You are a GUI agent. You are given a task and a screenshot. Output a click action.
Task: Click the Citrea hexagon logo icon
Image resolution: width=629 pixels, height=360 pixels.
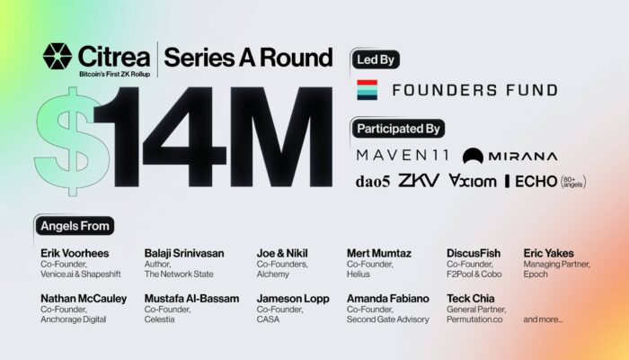point(58,56)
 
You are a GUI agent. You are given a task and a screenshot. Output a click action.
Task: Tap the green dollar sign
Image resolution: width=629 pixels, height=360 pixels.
point(72,141)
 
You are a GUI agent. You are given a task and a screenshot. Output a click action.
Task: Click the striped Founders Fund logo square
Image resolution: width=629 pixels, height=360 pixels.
point(367,90)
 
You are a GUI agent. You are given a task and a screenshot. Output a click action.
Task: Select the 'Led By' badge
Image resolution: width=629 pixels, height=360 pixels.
point(376,60)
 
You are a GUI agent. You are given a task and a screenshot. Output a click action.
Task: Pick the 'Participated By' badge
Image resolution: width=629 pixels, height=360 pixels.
point(398,129)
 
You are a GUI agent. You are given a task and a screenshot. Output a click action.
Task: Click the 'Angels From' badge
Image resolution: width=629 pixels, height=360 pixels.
point(75,226)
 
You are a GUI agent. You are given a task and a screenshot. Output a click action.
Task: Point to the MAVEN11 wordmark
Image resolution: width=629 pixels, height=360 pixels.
point(403,155)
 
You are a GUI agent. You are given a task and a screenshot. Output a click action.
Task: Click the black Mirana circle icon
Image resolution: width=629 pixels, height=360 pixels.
point(473,156)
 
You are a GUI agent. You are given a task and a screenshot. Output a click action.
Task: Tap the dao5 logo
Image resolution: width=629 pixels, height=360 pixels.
point(373,182)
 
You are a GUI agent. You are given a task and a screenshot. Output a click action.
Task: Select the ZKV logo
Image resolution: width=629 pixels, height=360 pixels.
point(419,180)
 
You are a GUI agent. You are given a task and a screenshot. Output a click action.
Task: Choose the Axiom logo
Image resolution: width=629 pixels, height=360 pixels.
point(472,181)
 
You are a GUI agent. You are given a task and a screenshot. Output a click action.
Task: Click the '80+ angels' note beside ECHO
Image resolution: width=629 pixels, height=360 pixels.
point(573,182)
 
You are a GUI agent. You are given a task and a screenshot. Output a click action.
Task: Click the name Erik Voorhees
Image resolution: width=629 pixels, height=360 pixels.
point(75,253)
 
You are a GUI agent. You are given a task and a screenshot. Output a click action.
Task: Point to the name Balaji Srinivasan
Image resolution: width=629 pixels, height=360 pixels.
point(184,253)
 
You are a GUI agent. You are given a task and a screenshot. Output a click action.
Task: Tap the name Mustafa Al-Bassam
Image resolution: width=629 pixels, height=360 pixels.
point(191,299)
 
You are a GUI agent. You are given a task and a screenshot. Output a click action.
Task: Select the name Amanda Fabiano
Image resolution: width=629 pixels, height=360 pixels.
point(388,299)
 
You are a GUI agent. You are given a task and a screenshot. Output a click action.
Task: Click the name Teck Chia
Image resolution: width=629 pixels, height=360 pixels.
point(471,299)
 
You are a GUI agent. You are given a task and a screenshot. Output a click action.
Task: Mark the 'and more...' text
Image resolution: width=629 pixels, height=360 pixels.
point(543,319)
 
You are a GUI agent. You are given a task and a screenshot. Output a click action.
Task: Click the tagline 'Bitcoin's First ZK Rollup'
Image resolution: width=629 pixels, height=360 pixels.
point(115,74)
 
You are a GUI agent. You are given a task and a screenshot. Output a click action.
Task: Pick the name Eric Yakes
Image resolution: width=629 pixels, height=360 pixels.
point(548,253)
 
